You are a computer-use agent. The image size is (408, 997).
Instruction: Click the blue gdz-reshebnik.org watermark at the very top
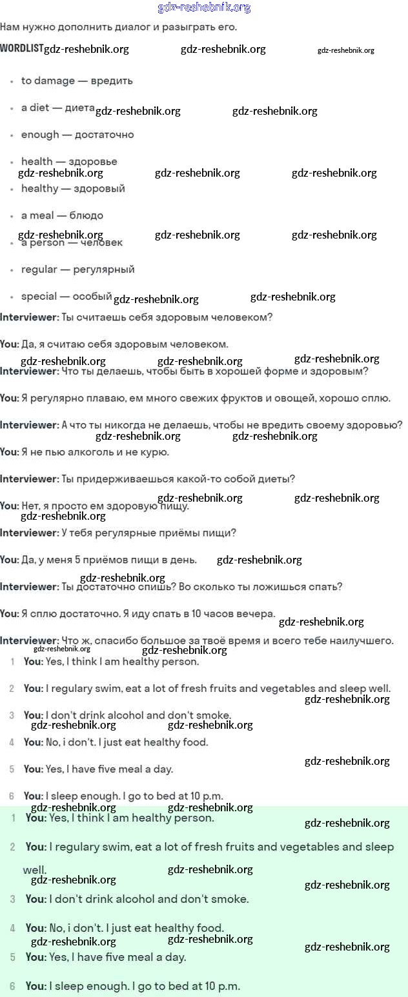tap(204, 8)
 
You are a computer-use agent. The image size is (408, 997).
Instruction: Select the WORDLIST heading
tap(22, 48)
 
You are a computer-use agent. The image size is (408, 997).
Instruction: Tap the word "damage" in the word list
tap(55, 81)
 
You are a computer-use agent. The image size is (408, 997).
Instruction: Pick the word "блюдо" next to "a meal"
tap(87, 215)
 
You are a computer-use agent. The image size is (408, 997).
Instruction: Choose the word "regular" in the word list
tap(39, 270)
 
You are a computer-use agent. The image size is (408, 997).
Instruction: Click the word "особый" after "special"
tap(92, 297)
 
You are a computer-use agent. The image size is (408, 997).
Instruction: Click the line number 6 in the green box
tap(12, 986)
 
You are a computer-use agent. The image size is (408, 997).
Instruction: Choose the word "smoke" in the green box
tap(231, 898)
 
